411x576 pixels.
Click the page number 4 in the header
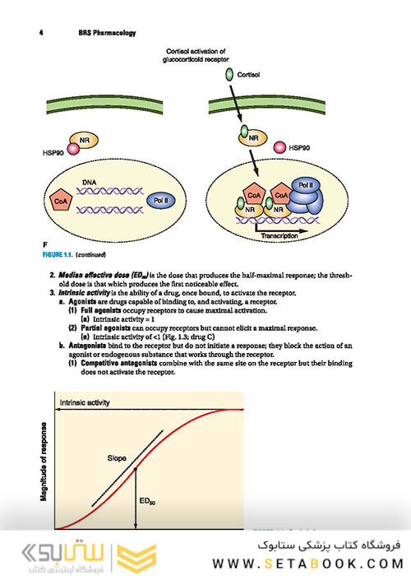tap(41, 33)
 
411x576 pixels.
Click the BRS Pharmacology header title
tap(107, 33)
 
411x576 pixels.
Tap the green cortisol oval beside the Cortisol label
tap(229, 75)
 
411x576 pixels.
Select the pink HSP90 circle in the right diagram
tap(280, 147)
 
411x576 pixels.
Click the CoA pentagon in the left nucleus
tap(61, 201)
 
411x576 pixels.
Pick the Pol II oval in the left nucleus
tap(161, 201)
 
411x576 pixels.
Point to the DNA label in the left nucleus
tap(89, 183)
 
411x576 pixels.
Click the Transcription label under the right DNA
tap(279, 236)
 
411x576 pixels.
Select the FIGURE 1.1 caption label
tap(58, 254)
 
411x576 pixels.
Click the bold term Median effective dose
tap(94, 275)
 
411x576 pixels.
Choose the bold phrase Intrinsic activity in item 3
tap(84, 293)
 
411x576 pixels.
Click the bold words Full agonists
tap(101, 310)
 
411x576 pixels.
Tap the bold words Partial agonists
tap(106, 328)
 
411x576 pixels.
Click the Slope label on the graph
tap(117, 458)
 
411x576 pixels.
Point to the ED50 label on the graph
tap(147, 501)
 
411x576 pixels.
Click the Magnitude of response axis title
tap(44, 462)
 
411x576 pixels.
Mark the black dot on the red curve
tap(136, 469)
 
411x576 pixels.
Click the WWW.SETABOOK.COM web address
tap(308, 564)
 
